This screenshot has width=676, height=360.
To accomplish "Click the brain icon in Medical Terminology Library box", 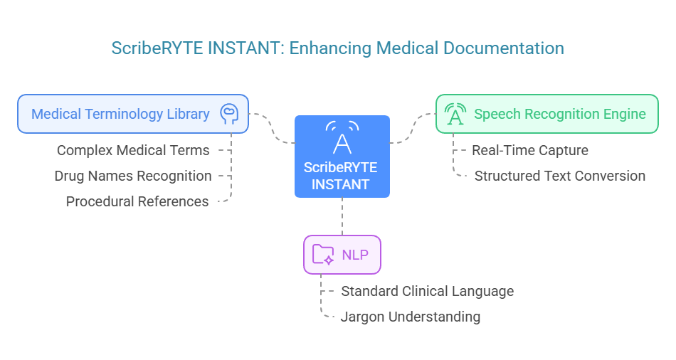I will (228, 113).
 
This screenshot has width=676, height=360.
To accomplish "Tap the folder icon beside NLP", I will (323, 254).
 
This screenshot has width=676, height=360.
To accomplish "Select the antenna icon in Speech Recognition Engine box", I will (455, 114).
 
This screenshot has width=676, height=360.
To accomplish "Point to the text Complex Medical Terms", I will (133, 150).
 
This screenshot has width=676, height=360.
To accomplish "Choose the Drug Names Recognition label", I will (133, 176).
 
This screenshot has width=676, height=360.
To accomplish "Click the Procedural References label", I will (137, 201).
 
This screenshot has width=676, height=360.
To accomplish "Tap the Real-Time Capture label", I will (530, 150).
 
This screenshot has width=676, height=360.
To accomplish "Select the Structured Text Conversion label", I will (560, 176).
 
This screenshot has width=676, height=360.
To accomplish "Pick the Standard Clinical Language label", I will (427, 291).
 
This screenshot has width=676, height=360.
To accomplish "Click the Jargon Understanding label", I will (411, 317).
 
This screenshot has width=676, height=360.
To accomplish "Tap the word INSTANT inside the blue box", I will (342, 184).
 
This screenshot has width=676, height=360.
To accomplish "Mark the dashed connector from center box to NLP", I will (342, 216).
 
